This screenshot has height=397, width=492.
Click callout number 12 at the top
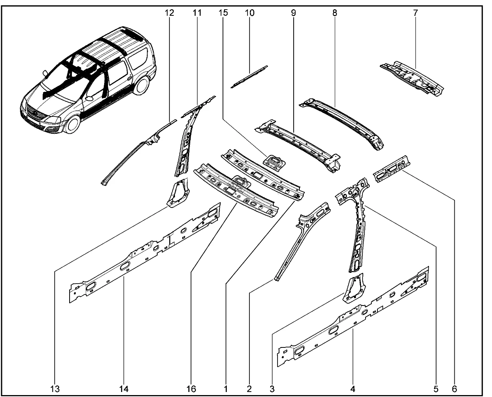[x=170, y=13]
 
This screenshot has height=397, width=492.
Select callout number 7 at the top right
[x=415, y=13]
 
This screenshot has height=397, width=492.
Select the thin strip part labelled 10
[x=249, y=77]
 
